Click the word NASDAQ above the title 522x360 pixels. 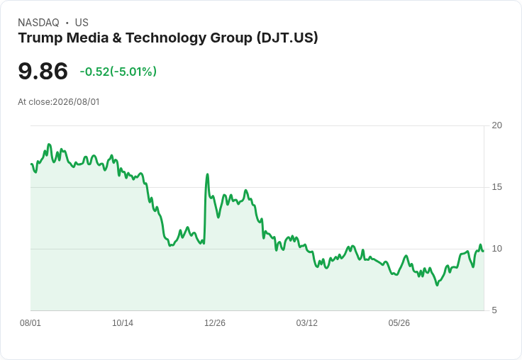tap(38, 23)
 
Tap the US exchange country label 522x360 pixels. tap(82, 23)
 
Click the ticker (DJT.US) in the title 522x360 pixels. tap(287, 38)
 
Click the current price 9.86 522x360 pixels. tap(43, 71)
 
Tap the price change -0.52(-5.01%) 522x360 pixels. tap(118, 72)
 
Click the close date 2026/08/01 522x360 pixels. tap(76, 102)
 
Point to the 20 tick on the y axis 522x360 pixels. tap(496, 125)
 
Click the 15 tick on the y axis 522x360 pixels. tap(496, 187)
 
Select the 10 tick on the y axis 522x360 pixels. tap(496, 249)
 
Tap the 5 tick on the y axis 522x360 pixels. tap(494, 310)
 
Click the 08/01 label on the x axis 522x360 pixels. tap(30, 322)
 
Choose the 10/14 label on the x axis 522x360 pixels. tap(123, 322)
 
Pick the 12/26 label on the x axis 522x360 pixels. tap(215, 322)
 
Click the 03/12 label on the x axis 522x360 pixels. tap(307, 322)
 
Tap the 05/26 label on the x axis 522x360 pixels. tap(399, 322)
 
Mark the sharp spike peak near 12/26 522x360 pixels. tap(207, 174)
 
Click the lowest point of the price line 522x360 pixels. tap(437, 285)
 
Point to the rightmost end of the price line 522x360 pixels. tap(483, 251)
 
